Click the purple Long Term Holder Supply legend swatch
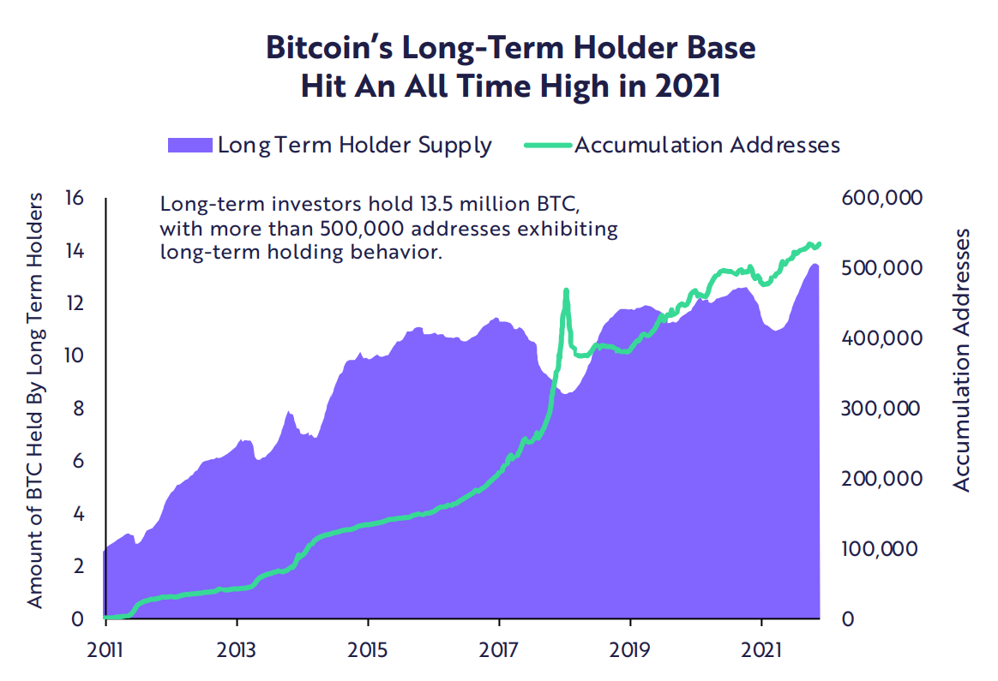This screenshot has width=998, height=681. coord(189,144)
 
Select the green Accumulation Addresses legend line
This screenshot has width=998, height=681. coord(546,144)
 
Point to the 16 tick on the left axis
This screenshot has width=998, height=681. coord(74,199)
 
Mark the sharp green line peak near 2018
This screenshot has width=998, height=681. coord(566,292)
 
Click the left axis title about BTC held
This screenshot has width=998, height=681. coord(34,401)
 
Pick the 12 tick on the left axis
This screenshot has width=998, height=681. coord(75,304)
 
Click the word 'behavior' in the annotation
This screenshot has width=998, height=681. coord(395,253)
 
